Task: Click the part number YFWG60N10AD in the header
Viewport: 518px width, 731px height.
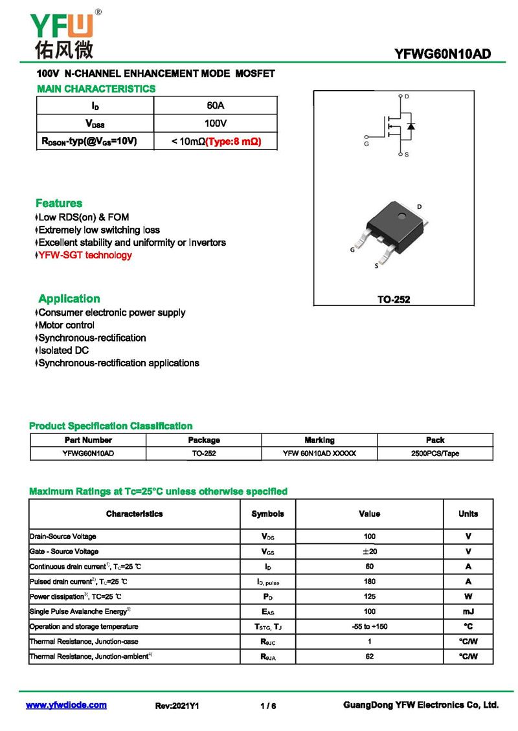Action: [x=442, y=54]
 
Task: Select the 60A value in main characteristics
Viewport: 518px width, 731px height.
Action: [x=216, y=105]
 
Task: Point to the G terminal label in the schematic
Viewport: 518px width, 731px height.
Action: [x=366, y=144]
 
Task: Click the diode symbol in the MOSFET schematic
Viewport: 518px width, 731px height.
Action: [x=411, y=125]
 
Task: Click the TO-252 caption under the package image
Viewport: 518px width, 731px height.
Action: [x=394, y=300]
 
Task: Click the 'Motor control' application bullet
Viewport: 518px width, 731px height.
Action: [x=66, y=325]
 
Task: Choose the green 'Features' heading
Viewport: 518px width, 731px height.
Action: [x=59, y=203]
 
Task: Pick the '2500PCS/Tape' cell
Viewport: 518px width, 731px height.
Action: [x=435, y=453]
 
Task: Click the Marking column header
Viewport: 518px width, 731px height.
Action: [x=319, y=440]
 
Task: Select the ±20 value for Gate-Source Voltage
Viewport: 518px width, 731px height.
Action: [x=370, y=551]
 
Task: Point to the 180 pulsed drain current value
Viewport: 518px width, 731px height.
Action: [x=370, y=582]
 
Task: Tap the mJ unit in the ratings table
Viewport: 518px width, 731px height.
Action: [x=468, y=611]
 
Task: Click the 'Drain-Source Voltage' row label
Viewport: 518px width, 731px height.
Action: [x=63, y=536]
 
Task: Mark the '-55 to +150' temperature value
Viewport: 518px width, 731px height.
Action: [x=370, y=626]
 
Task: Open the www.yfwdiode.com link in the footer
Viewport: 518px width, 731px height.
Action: [x=66, y=705]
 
